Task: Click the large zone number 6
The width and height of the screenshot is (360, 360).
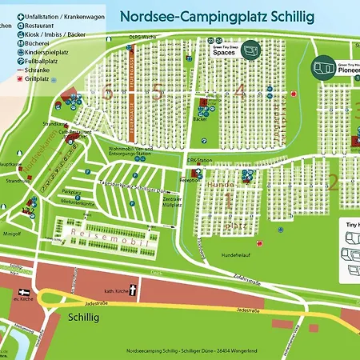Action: point(107,92)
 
